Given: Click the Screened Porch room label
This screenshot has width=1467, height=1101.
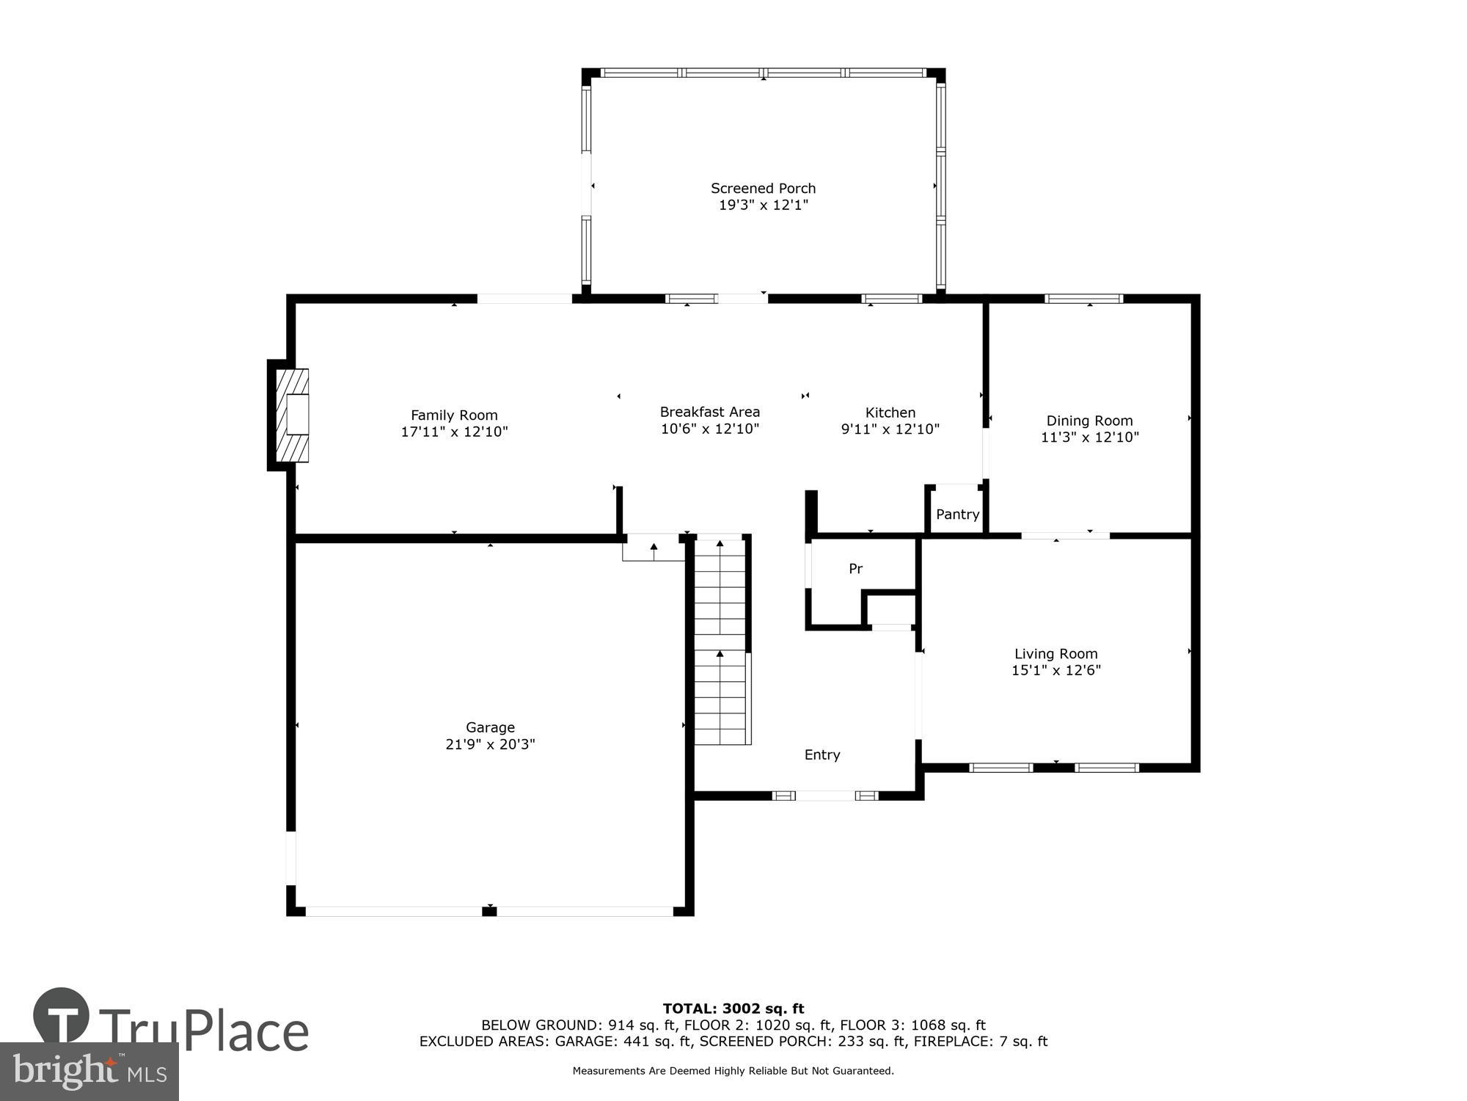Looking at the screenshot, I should [763, 189].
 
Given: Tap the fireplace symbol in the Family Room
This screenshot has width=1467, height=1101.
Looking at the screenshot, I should [292, 415].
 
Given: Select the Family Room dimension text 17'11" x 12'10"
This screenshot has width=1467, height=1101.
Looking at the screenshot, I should [454, 432].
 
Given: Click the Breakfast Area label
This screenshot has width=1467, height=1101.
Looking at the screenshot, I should [709, 412].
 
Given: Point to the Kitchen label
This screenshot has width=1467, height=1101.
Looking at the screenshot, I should [890, 412].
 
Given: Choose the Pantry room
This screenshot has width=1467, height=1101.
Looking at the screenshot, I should [957, 514].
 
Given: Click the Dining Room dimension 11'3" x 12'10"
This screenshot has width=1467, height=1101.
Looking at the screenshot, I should [1089, 437].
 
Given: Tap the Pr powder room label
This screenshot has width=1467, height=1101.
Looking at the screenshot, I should [855, 568].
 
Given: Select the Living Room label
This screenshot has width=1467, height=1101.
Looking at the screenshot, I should [1056, 653].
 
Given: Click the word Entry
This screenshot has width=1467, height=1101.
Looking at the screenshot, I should [822, 755].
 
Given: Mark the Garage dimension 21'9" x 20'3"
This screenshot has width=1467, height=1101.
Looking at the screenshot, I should [490, 744].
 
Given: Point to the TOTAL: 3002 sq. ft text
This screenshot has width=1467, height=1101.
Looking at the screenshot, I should [733, 1009].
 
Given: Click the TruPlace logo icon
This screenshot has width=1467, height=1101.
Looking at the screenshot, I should [62, 1016].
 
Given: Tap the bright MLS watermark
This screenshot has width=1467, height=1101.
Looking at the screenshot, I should [89, 1072].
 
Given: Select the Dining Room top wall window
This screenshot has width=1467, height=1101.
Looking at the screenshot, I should [1083, 299].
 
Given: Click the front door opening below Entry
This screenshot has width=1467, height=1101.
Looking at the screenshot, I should [825, 796].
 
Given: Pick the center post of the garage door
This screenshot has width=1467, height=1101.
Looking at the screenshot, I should [489, 911].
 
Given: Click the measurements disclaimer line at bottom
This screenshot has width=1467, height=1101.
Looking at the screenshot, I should [733, 1071].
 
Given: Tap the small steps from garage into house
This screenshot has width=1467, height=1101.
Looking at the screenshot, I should [653, 548].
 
